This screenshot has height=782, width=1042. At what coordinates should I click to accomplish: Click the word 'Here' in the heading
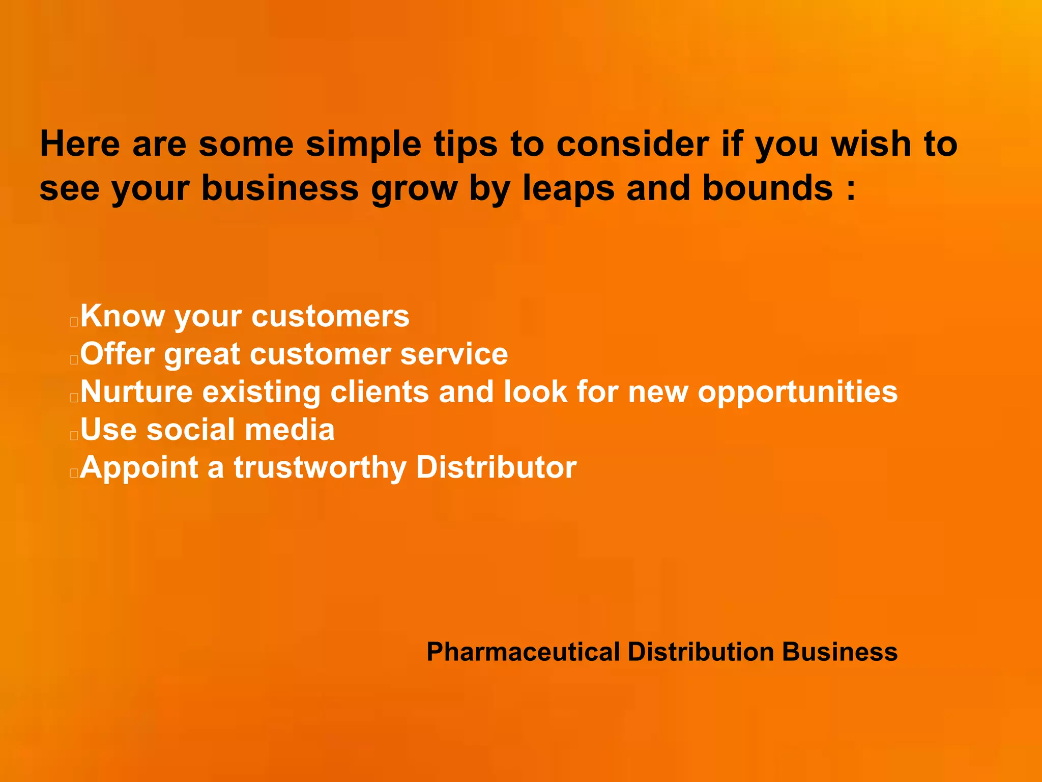(x=80, y=144)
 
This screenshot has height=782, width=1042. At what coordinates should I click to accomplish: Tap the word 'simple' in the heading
(x=363, y=145)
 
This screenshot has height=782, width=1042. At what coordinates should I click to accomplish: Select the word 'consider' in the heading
(x=632, y=144)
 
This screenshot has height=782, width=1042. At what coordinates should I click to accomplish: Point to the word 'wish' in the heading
(x=871, y=144)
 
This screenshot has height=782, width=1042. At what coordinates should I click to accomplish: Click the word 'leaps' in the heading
(x=568, y=189)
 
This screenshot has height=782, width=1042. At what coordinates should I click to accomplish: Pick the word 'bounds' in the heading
(x=767, y=188)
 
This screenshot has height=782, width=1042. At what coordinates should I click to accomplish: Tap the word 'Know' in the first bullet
(x=122, y=316)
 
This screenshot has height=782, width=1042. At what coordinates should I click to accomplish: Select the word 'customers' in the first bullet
(x=330, y=317)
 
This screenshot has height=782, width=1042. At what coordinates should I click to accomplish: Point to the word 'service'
(x=454, y=354)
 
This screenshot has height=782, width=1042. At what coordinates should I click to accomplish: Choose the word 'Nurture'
(x=136, y=392)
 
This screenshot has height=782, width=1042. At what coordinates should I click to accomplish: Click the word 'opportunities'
(x=797, y=393)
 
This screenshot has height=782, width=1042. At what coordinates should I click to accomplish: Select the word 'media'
(x=290, y=429)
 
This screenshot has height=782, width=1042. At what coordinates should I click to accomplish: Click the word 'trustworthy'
(x=320, y=468)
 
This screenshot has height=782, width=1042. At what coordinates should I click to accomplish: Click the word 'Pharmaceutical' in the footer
(x=523, y=652)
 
